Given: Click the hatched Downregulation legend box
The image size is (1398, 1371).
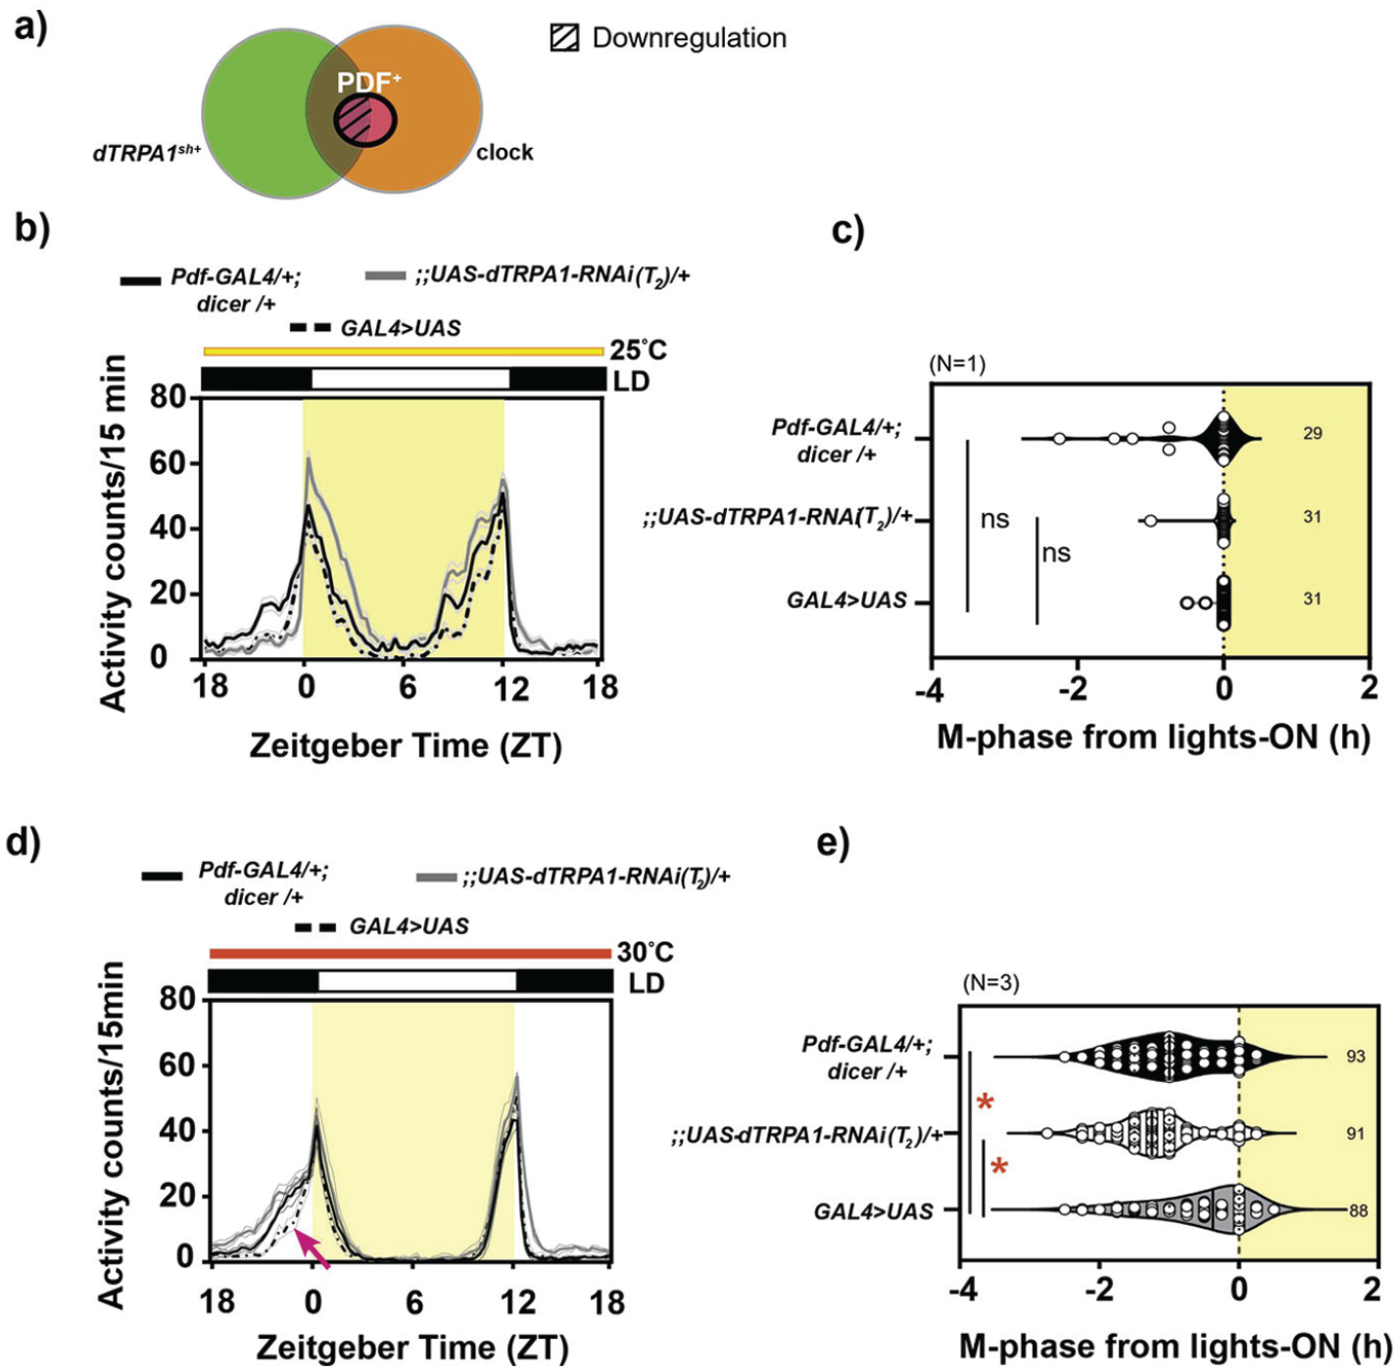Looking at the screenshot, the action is [x=564, y=38].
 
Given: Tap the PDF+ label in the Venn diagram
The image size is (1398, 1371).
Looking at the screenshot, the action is [x=368, y=82].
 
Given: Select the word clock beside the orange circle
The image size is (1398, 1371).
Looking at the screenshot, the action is [x=505, y=153].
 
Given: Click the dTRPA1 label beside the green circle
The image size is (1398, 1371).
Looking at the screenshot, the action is [x=147, y=153].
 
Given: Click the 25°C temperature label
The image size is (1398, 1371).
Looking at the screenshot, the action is [x=638, y=350].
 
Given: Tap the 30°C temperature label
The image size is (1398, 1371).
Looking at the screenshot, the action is [x=645, y=953].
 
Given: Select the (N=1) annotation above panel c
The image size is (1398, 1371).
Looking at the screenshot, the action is [x=957, y=364].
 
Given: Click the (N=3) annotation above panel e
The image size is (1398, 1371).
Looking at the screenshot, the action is [x=991, y=983].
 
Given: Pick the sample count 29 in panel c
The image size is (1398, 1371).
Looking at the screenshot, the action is [x=1313, y=434].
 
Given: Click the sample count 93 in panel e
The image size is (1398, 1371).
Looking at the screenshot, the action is [x=1355, y=1057].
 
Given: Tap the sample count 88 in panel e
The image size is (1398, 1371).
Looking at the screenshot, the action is [x=1358, y=1210].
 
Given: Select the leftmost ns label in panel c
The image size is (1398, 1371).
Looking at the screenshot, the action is [x=994, y=519].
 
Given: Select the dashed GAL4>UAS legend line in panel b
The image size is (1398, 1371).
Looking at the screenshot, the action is [x=310, y=328].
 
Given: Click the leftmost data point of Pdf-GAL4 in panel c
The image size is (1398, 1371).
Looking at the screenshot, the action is [x=1058, y=439].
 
